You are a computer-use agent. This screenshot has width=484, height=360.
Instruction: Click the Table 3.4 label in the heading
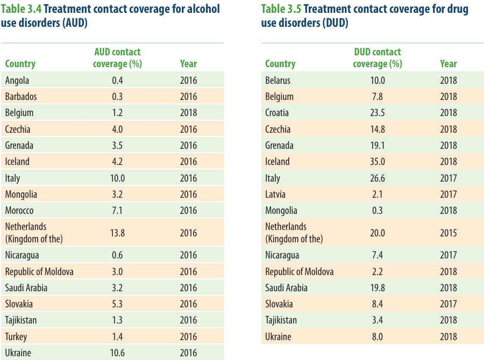[x=21, y=9]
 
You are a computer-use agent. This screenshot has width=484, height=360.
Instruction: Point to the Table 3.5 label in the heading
[x=281, y=9]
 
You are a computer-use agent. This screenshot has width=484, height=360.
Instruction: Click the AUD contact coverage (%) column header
[x=117, y=57]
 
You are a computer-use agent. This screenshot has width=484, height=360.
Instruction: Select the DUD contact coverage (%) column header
[x=378, y=57]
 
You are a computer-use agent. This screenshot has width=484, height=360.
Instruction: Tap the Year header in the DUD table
[x=448, y=63]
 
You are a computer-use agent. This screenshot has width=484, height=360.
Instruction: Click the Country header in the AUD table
[x=20, y=64]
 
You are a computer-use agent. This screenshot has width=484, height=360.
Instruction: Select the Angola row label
[x=17, y=81]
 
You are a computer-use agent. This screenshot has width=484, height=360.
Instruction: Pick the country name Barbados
[x=21, y=97]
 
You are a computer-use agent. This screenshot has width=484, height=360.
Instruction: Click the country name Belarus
[x=278, y=80]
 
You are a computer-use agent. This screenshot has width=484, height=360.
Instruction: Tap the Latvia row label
[x=275, y=195]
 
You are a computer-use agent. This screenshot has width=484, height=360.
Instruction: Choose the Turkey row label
[x=16, y=336]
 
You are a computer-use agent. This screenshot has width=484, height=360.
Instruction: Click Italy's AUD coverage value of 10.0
[x=117, y=178]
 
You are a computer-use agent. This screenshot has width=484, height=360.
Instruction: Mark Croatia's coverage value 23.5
[x=378, y=113]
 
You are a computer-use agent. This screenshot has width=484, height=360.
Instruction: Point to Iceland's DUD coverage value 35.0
[x=378, y=162]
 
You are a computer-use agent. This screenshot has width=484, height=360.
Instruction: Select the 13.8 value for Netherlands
[x=117, y=233]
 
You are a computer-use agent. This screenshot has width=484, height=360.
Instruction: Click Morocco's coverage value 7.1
[x=117, y=211]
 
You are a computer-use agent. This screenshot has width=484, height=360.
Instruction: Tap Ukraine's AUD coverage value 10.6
[x=117, y=352]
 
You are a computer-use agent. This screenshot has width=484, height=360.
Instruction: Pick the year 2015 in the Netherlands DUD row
[x=448, y=233]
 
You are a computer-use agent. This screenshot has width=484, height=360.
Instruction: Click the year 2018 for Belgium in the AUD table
[x=188, y=113]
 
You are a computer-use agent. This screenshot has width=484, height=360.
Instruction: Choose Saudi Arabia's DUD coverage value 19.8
[x=378, y=288]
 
